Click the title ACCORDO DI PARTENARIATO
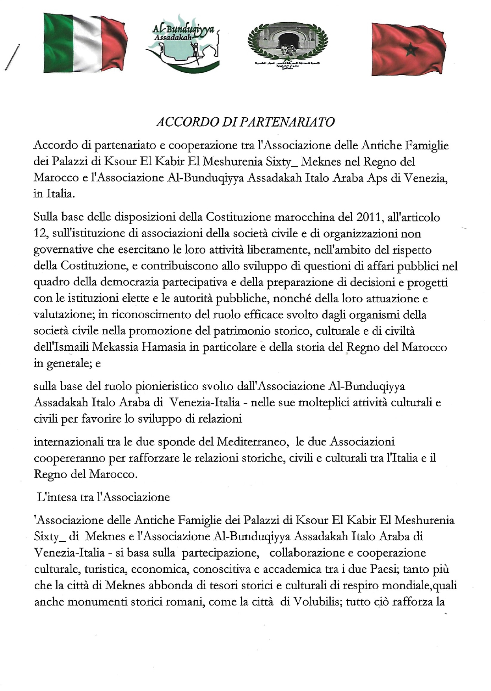pos(245,122)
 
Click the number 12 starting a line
pos(40,234)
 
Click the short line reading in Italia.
pos(54,194)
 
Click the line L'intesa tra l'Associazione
pos(104,497)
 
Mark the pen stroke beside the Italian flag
pos(12,58)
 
